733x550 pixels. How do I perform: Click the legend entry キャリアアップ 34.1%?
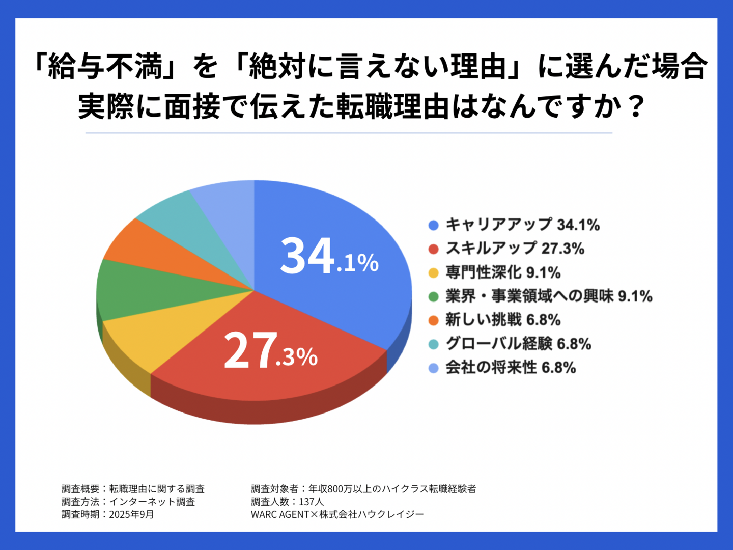(522, 225)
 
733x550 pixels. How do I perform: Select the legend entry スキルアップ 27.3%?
(515, 249)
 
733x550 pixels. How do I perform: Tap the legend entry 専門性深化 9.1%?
(503, 272)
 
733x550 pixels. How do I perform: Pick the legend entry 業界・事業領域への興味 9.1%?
(549, 296)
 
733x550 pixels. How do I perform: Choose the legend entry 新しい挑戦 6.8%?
(503, 320)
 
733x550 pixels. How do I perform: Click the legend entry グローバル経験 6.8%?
(518, 344)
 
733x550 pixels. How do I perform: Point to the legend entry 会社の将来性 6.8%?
(511, 367)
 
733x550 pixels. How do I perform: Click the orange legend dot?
(434, 320)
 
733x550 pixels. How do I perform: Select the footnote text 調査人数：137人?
(288, 502)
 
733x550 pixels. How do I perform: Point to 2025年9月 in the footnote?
(131, 514)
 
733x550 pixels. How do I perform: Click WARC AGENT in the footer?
(280, 514)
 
